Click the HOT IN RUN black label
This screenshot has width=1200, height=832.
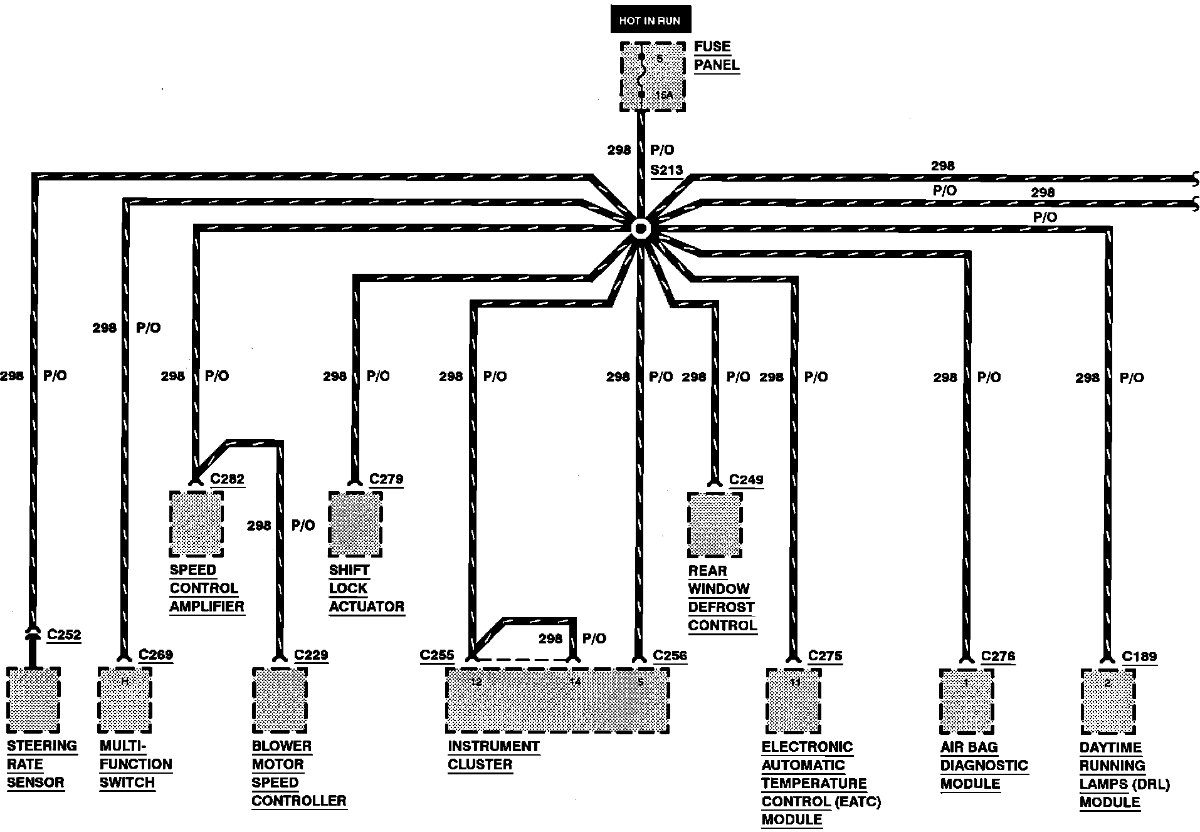point(650,21)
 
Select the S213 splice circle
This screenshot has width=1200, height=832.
point(640,229)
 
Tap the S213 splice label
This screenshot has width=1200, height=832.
point(666,170)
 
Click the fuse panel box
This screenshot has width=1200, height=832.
point(652,76)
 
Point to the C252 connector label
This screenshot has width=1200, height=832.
point(64,635)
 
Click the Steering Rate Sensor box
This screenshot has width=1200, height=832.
point(33,699)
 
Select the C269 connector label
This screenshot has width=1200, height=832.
point(155,655)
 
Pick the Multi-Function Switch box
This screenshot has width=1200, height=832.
point(125,699)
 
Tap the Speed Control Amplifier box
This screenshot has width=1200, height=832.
point(196,524)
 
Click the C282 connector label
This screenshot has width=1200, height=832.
point(227,479)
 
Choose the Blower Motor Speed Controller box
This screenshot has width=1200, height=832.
point(280,700)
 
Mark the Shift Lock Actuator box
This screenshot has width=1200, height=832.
point(355,524)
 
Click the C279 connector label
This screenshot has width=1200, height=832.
point(386,479)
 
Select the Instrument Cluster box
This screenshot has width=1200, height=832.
point(557,700)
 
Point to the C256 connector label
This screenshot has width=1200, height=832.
point(670,655)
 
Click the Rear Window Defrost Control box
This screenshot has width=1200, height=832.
point(715,524)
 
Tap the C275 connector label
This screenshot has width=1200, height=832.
point(825,656)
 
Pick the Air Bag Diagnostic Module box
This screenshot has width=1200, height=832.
point(966,701)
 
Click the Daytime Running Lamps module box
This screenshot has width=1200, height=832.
point(1108,701)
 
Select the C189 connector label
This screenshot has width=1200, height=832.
point(1139,657)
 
